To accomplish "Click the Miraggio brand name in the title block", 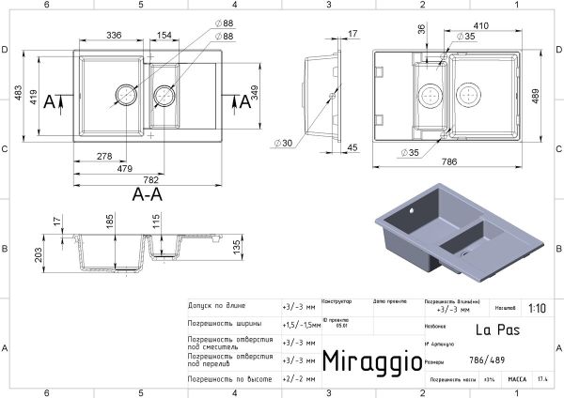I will tap(366, 360).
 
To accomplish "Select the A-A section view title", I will tap(149, 195).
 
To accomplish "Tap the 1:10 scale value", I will tap(536, 307).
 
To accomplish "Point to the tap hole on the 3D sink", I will tap(410, 212).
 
